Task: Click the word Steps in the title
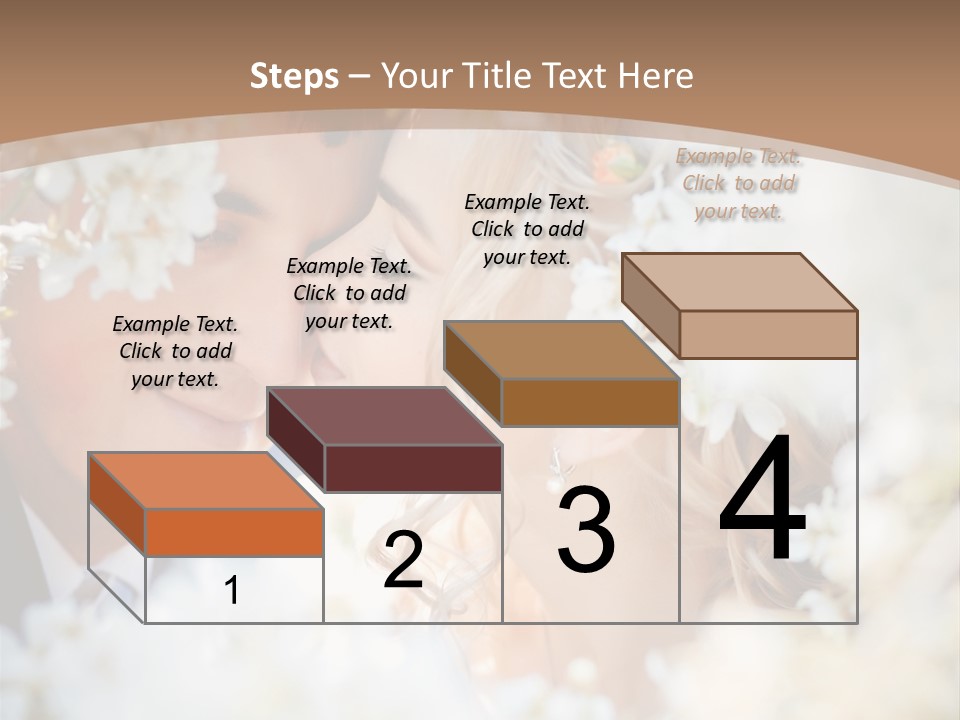(x=294, y=76)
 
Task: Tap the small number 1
(x=232, y=591)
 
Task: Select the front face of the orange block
(x=234, y=532)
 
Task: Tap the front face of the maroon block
(x=413, y=468)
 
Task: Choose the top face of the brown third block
(x=561, y=350)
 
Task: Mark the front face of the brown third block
(x=590, y=402)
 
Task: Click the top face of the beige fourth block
(x=739, y=282)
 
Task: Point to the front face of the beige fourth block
(x=768, y=334)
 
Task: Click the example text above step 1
(x=175, y=351)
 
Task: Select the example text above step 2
(x=349, y=293)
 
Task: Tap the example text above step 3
(x=527, y=229)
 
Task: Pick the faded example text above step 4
(x=739, y=183)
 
